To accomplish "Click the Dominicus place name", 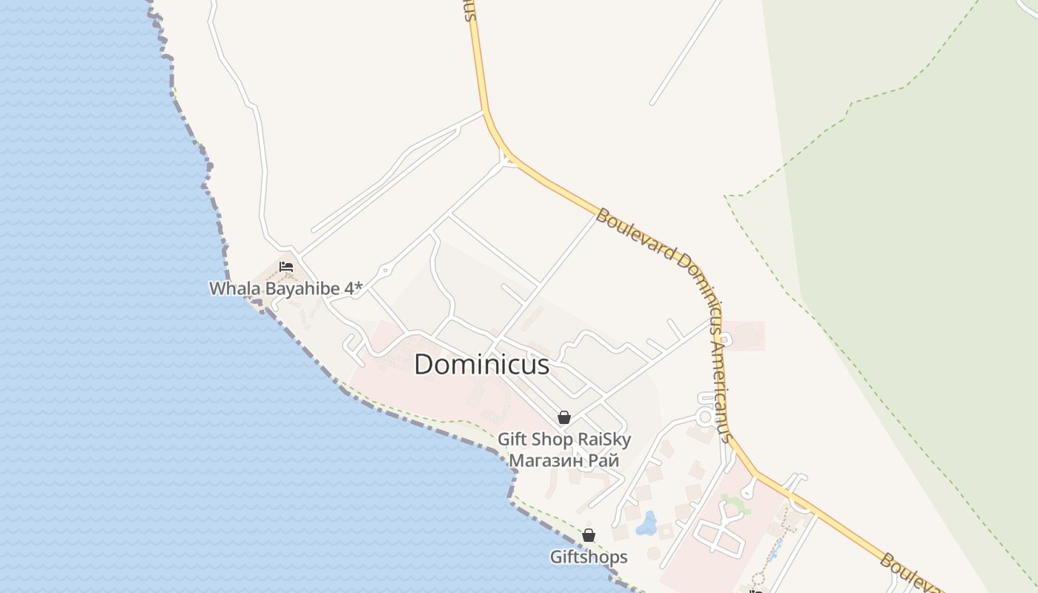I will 482,364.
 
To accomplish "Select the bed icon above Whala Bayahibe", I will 286,267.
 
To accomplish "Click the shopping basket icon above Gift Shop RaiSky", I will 564,417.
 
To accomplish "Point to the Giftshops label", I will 588,557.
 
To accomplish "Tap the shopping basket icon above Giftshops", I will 589,535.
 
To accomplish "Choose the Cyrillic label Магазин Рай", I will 563,460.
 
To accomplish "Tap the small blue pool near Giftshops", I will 647,523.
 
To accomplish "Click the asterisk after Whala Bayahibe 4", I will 359,287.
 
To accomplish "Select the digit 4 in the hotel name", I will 348,288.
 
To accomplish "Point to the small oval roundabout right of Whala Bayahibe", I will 385,270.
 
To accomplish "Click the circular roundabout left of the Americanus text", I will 705,417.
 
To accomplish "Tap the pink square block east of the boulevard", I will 743,336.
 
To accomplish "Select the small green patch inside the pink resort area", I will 733,505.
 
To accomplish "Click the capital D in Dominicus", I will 423,364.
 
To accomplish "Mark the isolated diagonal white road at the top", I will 686,52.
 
